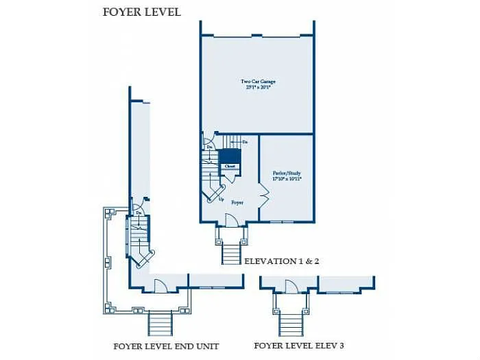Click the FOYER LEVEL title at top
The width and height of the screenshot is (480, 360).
[x=142, y=12]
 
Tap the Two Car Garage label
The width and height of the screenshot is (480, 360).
[x=258, y=82]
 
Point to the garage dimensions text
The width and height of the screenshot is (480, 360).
[x=258, y=87]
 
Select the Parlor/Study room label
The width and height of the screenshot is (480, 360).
[x=287, y=173]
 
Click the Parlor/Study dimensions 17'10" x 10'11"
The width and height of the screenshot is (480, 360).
[x=287, y=178]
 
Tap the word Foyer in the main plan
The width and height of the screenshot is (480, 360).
[x=237, y=202]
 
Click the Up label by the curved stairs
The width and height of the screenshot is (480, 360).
[x=221, y=200]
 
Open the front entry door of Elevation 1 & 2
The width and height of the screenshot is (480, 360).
[x=232, y=219]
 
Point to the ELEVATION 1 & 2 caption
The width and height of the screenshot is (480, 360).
[x=282, y=261]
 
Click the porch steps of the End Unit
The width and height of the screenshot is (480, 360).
[x=160, y=322]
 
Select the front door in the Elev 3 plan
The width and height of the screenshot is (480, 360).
[x=292, y=287]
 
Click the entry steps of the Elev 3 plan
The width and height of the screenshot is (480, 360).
[x=291, y=322]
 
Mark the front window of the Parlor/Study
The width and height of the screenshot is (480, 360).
[x=282, y=221]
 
